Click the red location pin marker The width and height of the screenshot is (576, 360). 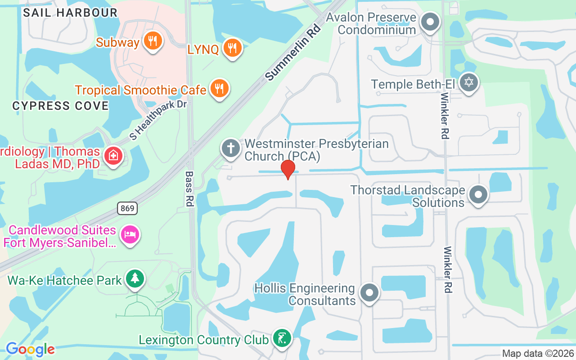click(288, 169)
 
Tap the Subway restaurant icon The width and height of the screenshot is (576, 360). click(153, 42)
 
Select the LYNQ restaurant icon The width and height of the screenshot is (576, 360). click(232, 48)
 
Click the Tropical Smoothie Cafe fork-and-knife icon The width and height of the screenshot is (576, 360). click(219, 88)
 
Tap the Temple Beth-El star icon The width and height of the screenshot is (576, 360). click(468, 83)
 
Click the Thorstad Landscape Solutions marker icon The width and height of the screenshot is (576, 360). click(478, 195)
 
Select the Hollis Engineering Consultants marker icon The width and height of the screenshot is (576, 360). click(369, 293)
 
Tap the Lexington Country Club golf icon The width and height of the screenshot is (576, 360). click(282, 338)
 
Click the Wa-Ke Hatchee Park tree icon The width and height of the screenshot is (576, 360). click(134, 279)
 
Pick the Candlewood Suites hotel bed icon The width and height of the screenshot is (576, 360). click(130, 234)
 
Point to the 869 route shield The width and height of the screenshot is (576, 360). click(127, 208)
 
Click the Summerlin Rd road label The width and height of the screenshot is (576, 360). click(293, 53)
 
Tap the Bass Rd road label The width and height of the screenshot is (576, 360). click(189, 189)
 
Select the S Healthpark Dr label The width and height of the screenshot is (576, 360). click(157, 120)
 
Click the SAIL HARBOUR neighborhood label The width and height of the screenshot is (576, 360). click(70, 13)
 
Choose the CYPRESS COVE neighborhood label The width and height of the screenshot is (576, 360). click(60, 106)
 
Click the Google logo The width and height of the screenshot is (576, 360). click(30, 349)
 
